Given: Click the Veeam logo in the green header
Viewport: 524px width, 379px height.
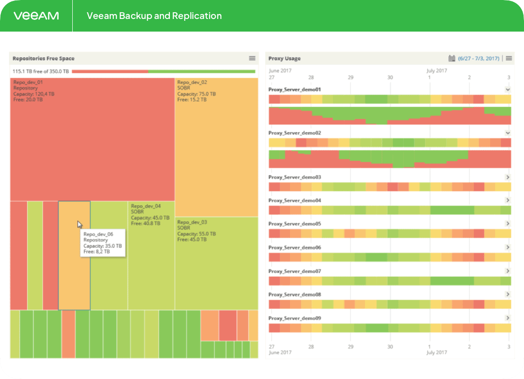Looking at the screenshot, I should point(36,16).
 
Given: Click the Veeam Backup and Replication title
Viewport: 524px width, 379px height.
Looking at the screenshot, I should point(154,16).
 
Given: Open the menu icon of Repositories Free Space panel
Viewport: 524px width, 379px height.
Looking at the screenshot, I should point(253,58).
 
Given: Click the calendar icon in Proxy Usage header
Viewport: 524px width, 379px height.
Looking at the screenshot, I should point(451,58).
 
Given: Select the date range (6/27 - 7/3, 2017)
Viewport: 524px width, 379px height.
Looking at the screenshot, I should point(478,58).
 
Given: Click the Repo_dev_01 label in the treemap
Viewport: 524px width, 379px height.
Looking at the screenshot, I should point(28,83).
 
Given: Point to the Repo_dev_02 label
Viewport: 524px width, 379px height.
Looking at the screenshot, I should point(192,83).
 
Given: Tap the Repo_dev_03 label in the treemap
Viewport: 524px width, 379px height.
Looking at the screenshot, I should point(192,222).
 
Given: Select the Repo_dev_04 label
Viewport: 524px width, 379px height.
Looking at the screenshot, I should point(146,206).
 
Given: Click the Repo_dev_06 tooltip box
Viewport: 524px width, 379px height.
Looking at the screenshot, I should point(103,243).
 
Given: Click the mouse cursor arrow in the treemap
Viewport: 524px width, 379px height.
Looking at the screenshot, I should point(80,225).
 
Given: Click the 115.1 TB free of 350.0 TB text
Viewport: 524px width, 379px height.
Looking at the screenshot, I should point(41,71).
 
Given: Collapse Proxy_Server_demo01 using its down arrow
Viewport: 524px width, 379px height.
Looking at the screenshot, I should point(508,90).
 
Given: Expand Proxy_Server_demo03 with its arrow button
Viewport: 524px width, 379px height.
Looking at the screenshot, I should point(508,177).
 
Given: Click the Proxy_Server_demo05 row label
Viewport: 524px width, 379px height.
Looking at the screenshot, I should point(295,224).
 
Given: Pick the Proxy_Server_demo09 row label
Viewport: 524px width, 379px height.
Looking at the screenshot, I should point(295,318).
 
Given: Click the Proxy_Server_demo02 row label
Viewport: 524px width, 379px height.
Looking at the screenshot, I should point(295,133).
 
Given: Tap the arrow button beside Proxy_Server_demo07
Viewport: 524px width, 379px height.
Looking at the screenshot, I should point(508,271).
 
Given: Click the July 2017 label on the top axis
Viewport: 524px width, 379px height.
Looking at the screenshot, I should point(437,71).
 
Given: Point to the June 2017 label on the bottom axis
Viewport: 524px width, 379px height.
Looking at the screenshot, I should point(281,352).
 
